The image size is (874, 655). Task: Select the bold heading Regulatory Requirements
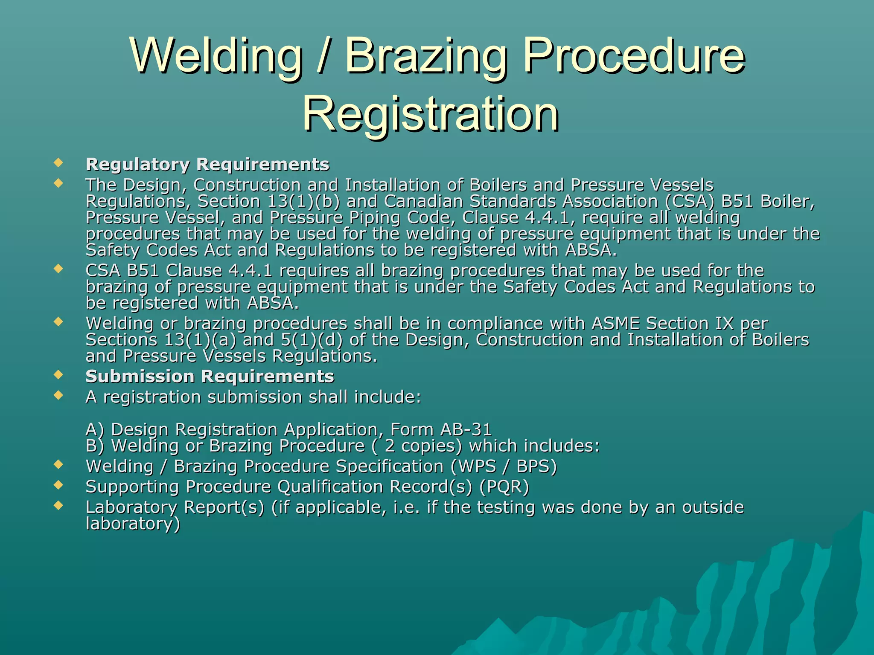coord(207,165)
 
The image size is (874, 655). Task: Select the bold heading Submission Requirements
coord(210,377)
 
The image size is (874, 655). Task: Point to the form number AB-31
coord(466,429)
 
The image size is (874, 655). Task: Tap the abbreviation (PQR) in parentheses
coord(504,487)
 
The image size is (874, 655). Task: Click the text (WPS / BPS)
coord(504,467)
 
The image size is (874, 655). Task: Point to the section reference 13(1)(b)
coord(303,201)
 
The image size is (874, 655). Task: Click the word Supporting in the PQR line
coord(132,487)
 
